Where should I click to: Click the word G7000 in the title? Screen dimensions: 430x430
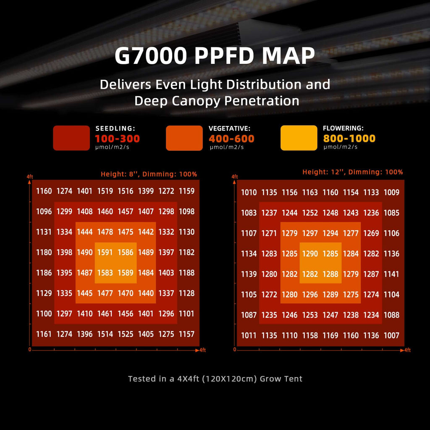(151, 56)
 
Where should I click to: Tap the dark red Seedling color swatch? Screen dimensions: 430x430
(71, 138)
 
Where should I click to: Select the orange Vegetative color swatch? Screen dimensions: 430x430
(184, 138)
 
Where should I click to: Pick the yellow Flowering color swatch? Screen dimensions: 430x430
(299, 138)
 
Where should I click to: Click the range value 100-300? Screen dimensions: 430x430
(118, 139)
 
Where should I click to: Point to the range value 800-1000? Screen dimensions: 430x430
(349, 139)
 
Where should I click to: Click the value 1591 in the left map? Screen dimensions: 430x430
(105, 252)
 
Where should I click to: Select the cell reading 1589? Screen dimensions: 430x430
(126, 273)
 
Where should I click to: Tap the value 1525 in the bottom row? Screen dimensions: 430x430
(126, 334)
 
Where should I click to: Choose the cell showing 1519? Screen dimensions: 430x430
(105, 191)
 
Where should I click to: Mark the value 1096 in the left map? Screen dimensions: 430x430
(44, 212)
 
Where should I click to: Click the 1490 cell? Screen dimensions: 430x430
(85, 252)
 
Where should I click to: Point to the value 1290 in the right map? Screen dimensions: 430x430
(310, 254)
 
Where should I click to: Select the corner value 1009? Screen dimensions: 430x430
(391, 192)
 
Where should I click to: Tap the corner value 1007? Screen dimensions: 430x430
(391, 336)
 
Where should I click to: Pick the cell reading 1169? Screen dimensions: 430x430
(330, 336)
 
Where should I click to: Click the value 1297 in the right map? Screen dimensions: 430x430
(310, 233)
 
